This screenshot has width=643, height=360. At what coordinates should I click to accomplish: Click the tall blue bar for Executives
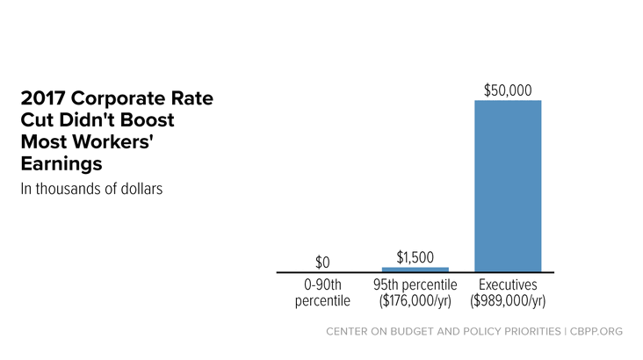(x=508, y=186)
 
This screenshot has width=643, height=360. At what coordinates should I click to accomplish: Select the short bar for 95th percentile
(x=415, y=270)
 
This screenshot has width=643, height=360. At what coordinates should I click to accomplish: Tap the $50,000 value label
(x=508, y=90)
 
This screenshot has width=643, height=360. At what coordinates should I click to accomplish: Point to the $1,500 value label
(x=415, y=257)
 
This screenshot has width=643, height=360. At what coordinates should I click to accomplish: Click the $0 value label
(x=322, y=263)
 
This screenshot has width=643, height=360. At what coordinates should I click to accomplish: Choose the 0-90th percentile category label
(x=322, y=292)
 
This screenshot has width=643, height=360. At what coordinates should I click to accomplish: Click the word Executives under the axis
(x=508, y=284)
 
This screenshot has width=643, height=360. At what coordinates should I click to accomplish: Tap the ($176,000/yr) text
(x=415, y=301)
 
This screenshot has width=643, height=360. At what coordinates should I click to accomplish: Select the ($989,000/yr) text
(x=508, y=301)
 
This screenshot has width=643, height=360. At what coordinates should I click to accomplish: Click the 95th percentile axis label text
(x=415, y=284)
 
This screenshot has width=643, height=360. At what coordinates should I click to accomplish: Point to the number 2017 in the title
(x=43, y=98)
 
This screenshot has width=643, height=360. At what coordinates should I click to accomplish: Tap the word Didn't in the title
(x=85, y=120)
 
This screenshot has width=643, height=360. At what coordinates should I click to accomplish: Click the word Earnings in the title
(x=61, y=164)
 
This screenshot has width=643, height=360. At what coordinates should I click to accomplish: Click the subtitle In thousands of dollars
(x=91, y=189)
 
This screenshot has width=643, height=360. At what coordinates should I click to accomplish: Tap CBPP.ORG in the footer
(x=596, y=331)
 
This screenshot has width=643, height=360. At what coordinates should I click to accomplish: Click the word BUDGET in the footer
(x=410, y=331)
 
